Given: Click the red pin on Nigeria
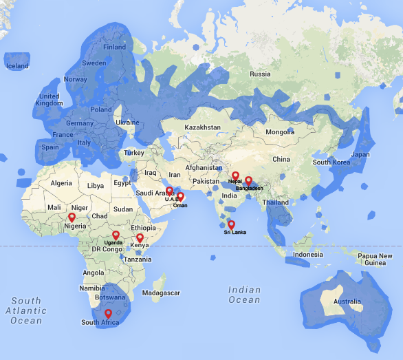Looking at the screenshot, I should [x=72, y=217].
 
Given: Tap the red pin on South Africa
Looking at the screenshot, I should [x=108, y=314].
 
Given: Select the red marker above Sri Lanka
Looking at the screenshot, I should [x=232, y=224].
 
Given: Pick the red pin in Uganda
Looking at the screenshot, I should [x=116, y=235].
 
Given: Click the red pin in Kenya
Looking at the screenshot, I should [x=140, y=238].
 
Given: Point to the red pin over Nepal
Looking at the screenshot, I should [x=235, y=176].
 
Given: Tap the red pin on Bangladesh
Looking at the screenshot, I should [x=249, y=180].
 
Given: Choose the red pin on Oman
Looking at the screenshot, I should [x=180, y=197].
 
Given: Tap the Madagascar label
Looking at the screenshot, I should [x=162, y=292].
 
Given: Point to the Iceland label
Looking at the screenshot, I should [x=17, y=66].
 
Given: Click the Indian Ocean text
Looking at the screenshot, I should [x=245, y=295].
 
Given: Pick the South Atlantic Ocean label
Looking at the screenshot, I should [x=26, y=311].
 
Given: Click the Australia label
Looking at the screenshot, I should [x=347, y=301].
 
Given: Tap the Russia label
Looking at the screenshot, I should [x=260, y=74].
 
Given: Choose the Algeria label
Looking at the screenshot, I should [x=61, y=183].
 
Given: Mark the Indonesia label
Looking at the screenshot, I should [x=307, y=255].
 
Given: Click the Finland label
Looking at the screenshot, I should [x=114, y=47].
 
